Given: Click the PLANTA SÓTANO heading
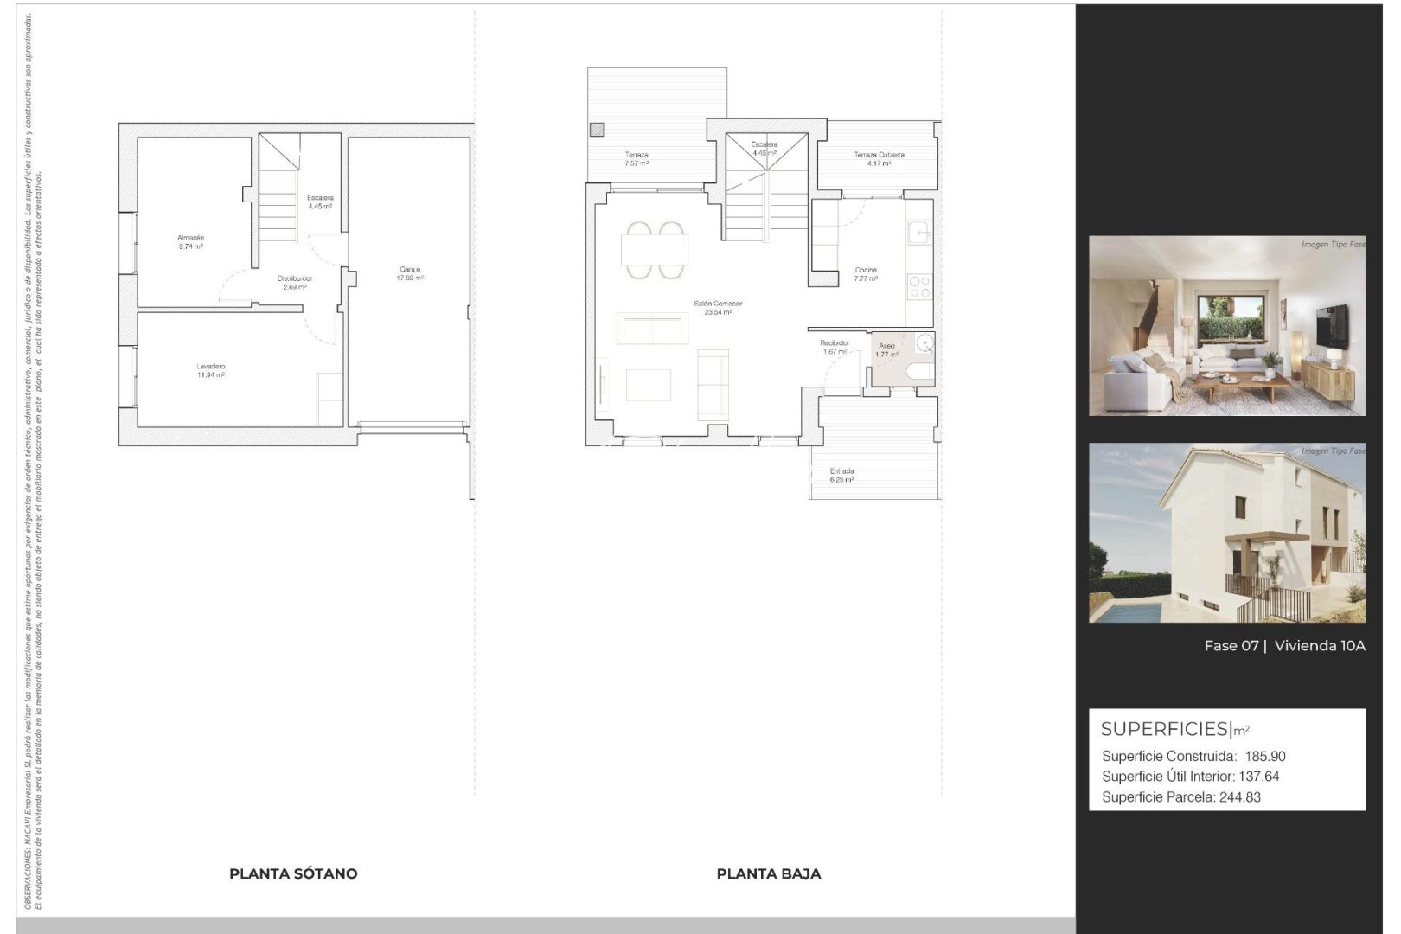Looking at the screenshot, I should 293,873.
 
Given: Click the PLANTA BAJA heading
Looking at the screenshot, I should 769,873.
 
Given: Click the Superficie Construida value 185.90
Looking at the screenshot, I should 1265,756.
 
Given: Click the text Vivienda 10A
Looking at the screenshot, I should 1320,646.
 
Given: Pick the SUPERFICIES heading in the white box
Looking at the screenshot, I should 1164,729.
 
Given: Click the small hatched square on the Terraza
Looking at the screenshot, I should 596,131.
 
